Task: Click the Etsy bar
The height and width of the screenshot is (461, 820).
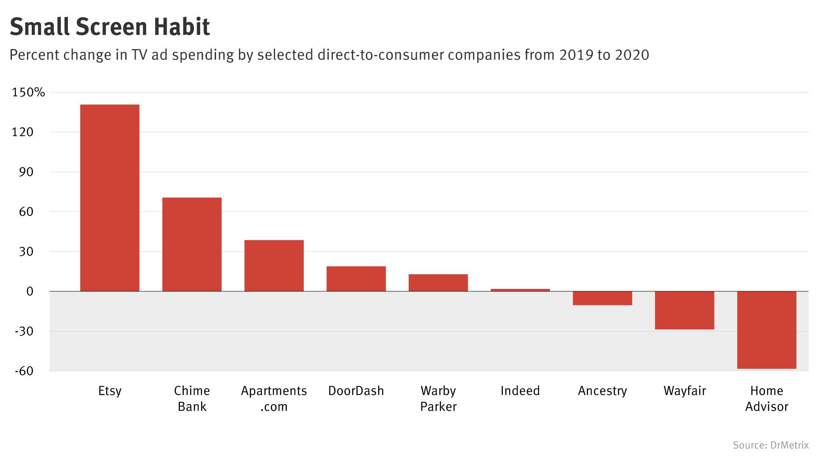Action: [109, 198]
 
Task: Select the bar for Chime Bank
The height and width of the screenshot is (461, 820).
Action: [192, 244]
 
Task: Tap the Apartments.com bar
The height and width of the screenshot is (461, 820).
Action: [274, 266]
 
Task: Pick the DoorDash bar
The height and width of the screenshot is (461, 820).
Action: [356, 279]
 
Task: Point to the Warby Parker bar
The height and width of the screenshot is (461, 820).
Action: [438, 283]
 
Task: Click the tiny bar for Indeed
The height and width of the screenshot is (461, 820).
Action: [520, 290]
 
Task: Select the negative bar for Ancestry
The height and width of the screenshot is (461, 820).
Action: [602, 298]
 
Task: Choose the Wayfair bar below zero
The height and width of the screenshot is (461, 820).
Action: [684, 310]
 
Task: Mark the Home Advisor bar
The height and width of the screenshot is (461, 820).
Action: [766, 330]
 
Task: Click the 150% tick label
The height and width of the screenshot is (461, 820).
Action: [28, 93]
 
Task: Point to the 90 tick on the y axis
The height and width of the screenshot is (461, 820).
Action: [26, 172]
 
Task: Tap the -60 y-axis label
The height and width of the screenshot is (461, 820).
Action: [24, 371]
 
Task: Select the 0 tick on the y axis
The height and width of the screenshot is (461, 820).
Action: [30, 291]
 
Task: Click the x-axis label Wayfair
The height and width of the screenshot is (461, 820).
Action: [684, 391]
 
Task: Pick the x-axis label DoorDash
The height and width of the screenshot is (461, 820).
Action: [356, 391]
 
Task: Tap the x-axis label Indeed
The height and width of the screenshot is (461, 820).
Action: [520, 391]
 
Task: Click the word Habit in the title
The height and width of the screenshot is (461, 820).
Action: [182, 27]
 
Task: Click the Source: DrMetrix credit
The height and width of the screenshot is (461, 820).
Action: [770, 445]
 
